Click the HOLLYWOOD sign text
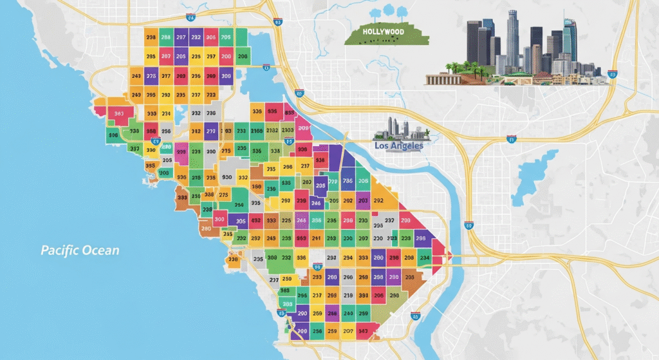point(383,32)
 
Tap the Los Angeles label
point(398,146)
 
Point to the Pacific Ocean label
point(80,250)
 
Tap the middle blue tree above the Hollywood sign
point(388,12)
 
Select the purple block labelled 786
point(348,181)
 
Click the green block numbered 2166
point(256,131)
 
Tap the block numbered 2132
point(272,131)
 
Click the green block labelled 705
point(226,37)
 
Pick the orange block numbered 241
point(316,238)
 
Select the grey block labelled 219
point(348,296)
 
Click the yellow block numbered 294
point(348,258)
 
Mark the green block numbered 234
point(424,258)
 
